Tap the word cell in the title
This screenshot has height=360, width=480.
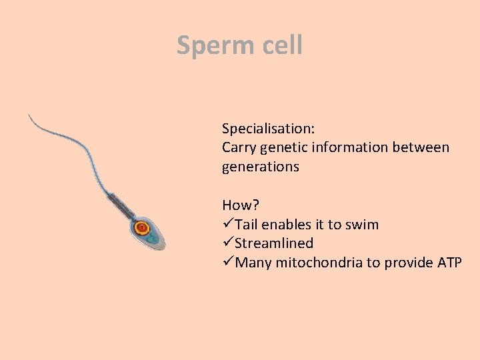tap(279, 45)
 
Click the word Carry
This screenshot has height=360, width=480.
tap(239, 147)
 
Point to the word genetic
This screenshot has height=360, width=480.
tap(284, 147)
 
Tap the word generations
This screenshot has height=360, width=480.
tap(260, 167)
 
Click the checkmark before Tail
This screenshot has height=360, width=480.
tap(228, 225)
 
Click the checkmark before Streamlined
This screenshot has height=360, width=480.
tap(228, 244)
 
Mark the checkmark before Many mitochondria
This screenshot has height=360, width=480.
tap(228, 263)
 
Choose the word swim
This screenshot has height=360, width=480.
tap(361, 225)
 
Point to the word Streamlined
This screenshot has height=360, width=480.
tap(274, 244)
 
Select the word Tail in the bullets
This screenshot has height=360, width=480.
tap(248, 225)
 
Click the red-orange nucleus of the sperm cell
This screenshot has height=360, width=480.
tap(141, 227)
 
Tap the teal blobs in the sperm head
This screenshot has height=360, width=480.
tap(152, 237)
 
